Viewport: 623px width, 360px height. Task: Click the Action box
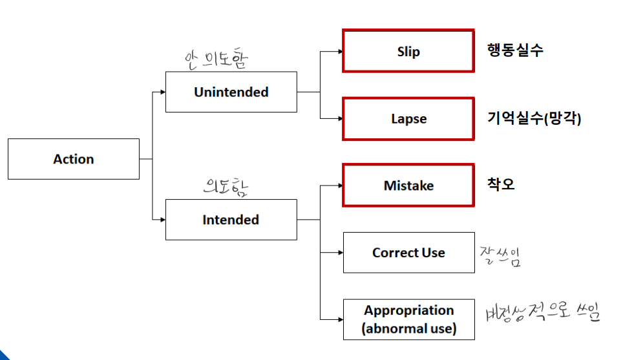click(x=73, y=159)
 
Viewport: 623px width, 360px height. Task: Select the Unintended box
click(x=231, y=92)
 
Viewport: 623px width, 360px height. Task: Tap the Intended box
click(x=231, y=220)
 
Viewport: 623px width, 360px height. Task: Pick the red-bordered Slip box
click(x=408, y=51)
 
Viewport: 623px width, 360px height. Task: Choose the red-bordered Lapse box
click(x=408, y=119)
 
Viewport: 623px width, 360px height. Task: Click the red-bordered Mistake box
click(x=408, y=185)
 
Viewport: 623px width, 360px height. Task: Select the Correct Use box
click(x=408, y=253)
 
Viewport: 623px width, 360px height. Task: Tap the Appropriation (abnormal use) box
click(x=408, y=319)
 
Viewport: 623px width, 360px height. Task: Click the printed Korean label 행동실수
click(x=516, y=50)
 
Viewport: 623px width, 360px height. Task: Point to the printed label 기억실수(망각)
click(x=534, y=118)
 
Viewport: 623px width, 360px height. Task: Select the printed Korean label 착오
click(x=501, y=184)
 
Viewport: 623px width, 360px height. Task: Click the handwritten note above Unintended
click(x=216, y=59)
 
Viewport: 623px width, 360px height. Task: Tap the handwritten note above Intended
click(x=226, y=187)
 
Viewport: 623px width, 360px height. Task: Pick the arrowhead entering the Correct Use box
click(x=339, y=253)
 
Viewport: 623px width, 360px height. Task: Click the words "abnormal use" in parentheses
click(x=408, y=328)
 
